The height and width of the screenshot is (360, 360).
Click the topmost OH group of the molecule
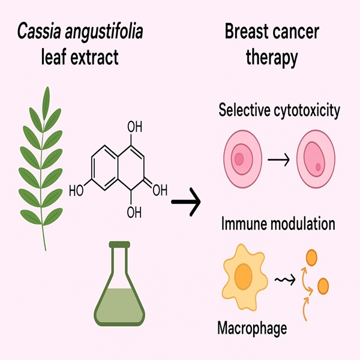pos(136,127)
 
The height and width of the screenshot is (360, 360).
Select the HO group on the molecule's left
pos(77,191)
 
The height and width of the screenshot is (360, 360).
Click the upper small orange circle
pos(311,257)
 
